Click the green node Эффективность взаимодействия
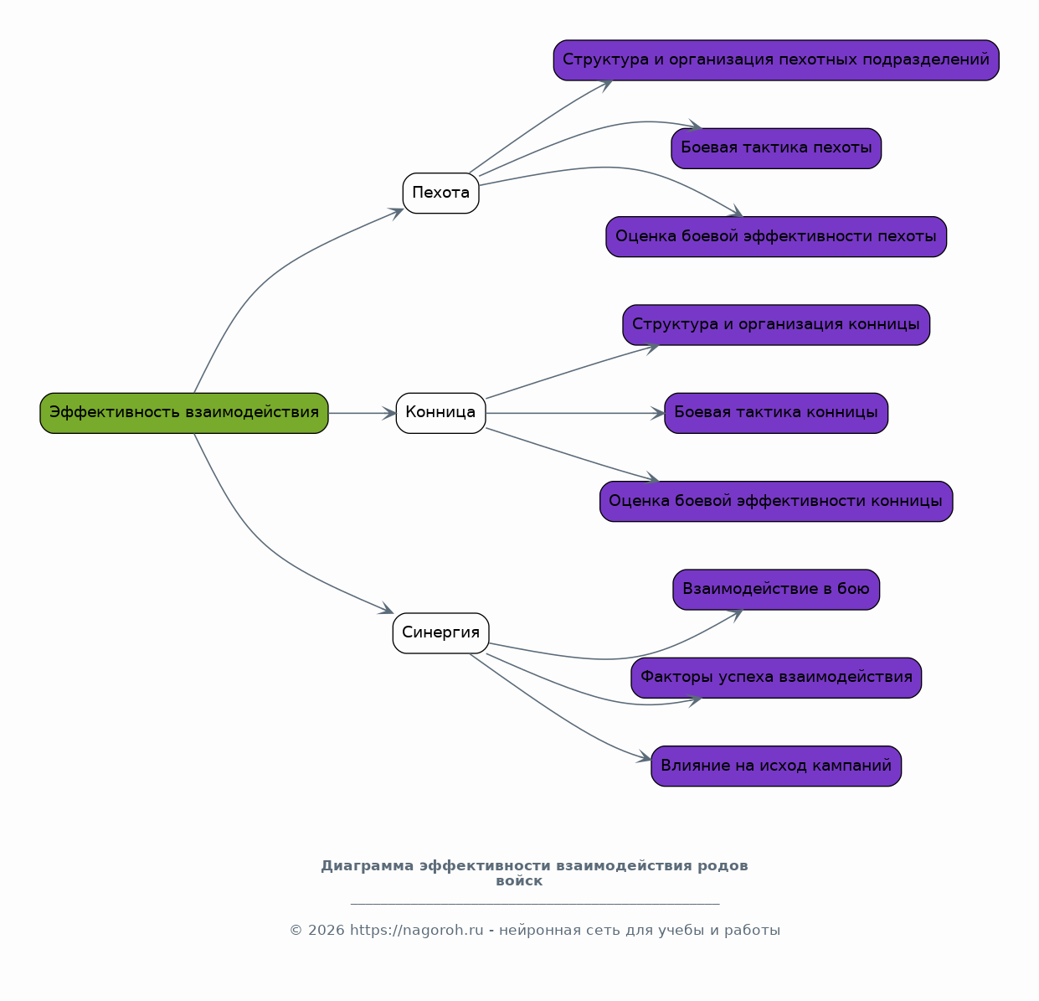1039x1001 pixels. coord(184,414)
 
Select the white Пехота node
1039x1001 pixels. coord(441,193)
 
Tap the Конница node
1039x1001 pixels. coord(441,414)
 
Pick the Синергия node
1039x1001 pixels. coord(441,633)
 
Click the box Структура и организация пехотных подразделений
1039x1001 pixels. coord(776,60)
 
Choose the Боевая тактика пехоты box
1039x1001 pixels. coord(776,148)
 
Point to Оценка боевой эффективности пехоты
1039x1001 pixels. coord(776,237)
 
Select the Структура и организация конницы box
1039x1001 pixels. coord(776,325)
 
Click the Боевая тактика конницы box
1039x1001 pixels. coord(776,414)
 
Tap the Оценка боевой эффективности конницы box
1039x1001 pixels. coord(776,502)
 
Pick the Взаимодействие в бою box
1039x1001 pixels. coord(776,590)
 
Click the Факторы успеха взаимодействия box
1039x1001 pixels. coord(776,679)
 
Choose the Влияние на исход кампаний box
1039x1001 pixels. coord(776,766)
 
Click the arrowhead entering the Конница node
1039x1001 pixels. coord(389,414)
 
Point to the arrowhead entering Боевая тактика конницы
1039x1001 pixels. coord(658,414)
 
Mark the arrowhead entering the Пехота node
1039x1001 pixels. coord(396,213)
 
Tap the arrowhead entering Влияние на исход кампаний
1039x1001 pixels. coord(645,757)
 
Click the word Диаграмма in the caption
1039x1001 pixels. coord(368,866)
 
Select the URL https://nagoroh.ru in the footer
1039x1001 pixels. coord(416,931)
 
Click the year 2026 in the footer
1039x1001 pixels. coord(327,931)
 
